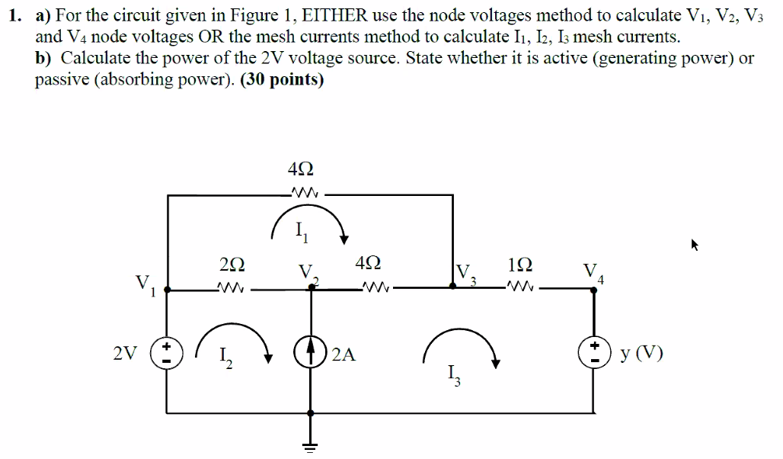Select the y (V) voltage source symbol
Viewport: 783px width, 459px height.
tap(594, 354)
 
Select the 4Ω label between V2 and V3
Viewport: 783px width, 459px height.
tap(369, 264)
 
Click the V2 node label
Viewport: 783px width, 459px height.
tap(306, 273)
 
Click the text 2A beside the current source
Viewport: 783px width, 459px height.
tap(344, 354)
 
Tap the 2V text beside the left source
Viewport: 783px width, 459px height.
tap(126, 354)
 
